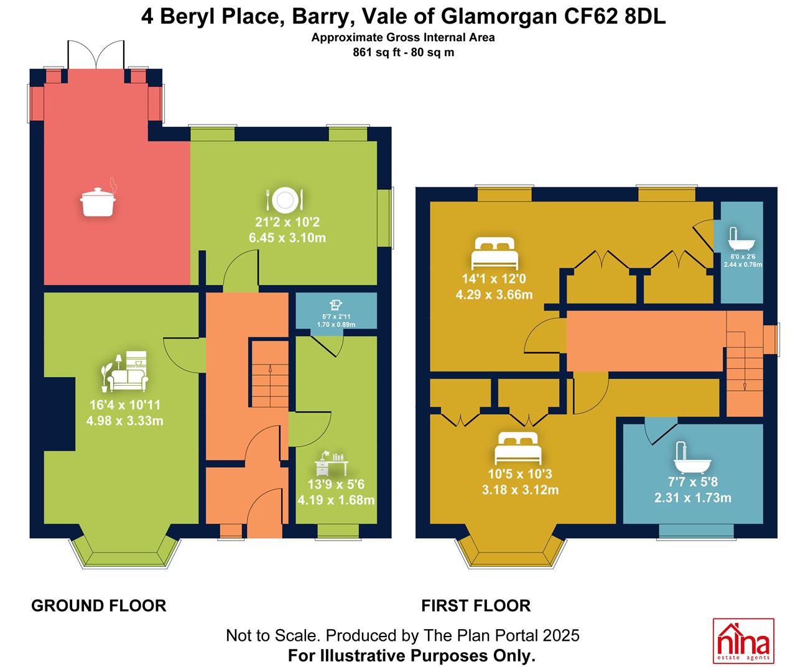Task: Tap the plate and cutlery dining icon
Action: point(284,200)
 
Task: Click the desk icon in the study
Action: point(332,463)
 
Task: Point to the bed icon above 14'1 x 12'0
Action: point(495,253)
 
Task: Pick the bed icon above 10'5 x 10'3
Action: point(518,448)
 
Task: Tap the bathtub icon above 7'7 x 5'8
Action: point(692,457)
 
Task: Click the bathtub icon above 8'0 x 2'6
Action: point(741,238)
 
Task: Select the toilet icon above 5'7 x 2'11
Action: point(335,306)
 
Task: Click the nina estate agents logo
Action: point(743,641)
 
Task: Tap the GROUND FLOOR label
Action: point(99,606)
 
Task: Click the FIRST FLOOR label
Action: point(476,606)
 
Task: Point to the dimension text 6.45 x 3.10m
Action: point(287,238)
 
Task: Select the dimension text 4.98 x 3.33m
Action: point(124,421)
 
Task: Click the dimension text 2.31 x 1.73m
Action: point(693,498)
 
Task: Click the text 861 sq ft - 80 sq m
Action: point(403,52)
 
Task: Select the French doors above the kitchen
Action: point(96,55)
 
